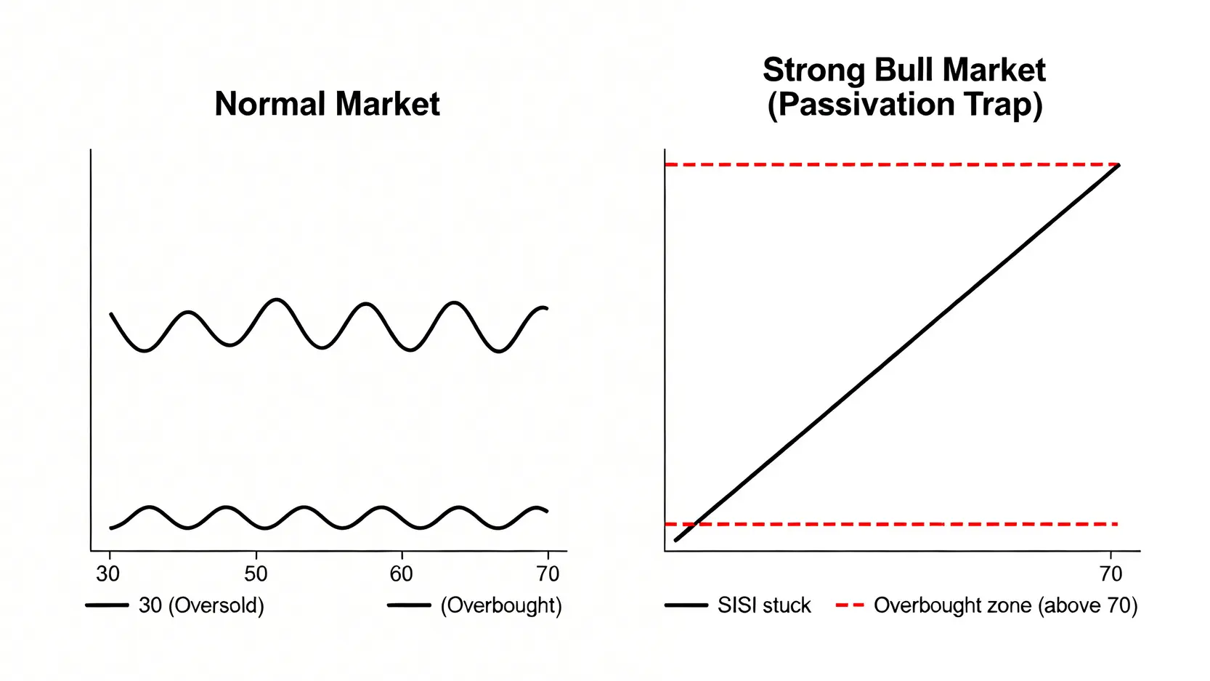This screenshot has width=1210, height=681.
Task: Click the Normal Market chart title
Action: [x=328, y=103]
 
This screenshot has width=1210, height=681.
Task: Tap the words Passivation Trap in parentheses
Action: [x=905, y=105]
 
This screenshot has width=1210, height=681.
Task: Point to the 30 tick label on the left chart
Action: [x=108, y=574]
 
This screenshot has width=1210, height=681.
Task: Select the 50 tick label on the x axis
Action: [x=256, y=574]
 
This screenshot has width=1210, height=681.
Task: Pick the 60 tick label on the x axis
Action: [x=402, y=574]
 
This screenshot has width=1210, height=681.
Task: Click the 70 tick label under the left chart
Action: [x=548, y=574]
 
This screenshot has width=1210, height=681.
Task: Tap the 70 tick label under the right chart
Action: [x=1110, y=574]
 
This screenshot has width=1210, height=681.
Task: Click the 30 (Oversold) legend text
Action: [x=201, y=606]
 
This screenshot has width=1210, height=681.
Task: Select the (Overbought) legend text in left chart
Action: [x=501, y=606]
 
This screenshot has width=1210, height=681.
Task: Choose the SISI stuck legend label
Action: [x=764, y=606]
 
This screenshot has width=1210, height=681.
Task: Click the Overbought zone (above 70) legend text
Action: [x=1006, y=606]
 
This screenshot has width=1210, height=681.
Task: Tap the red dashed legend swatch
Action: [x=850, y=605]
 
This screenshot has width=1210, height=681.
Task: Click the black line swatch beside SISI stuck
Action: [x=686, y=605]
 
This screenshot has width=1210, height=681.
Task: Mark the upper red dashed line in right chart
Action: [x=892, y=164]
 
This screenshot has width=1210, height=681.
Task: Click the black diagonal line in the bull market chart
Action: [x=897, y=352]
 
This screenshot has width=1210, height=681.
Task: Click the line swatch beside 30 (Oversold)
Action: [x=107, y=605]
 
